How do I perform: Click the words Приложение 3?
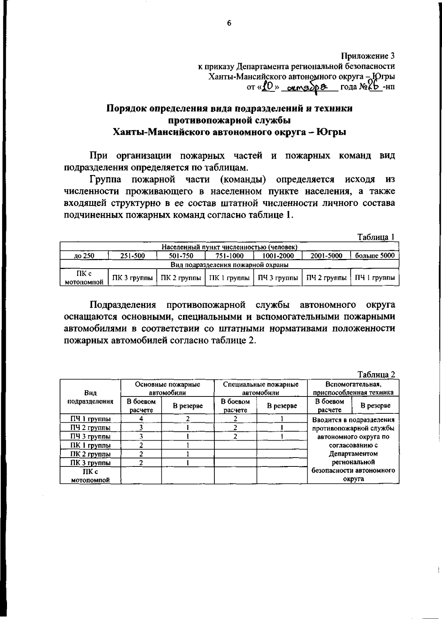(368, 56)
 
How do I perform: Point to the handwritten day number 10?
(269, 87)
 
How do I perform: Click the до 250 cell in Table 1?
(84, 256)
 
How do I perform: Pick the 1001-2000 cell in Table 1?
(278, 256)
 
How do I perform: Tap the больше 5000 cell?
(375, 256)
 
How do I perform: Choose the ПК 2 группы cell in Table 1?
(181, 278)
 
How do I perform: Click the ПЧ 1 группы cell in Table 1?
(375, 278)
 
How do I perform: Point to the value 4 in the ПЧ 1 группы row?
(141, 419)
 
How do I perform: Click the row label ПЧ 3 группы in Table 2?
(91, 437)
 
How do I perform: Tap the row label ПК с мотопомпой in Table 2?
(91, 476)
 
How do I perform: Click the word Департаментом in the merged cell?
(353, 454)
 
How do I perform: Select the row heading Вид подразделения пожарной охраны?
(229, 265)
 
